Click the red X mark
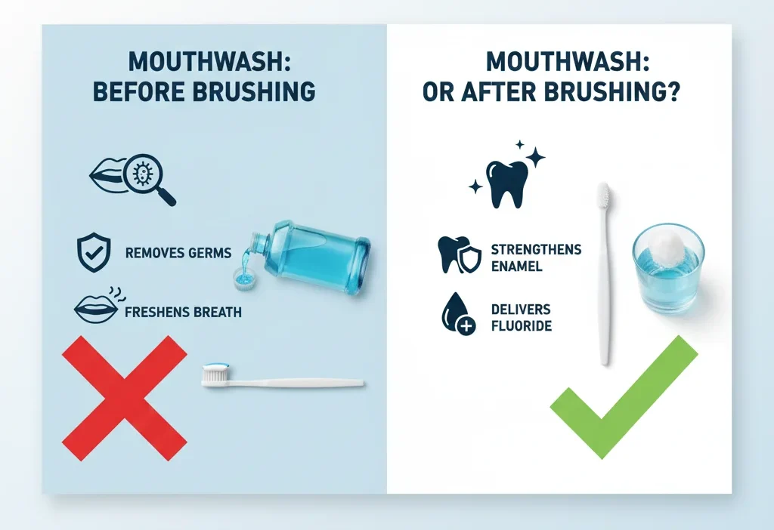125,398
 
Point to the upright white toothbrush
604,272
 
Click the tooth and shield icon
456,255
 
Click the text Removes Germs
178,253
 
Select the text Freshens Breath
184,310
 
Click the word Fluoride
521,326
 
